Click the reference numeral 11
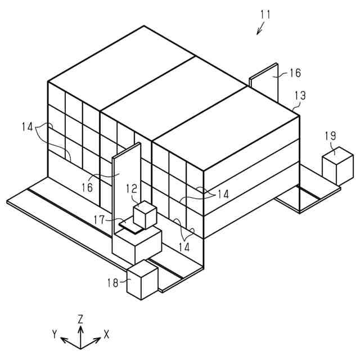265,15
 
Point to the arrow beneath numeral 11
262,29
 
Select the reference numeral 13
300,96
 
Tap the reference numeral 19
331,136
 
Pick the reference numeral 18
113,283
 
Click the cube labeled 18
142,280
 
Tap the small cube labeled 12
144,215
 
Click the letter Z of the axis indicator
81,318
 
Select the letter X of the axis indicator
106,334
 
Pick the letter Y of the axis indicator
55,334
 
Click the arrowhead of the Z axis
81,326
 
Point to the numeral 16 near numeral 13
295,73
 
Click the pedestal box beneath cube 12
137,244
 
